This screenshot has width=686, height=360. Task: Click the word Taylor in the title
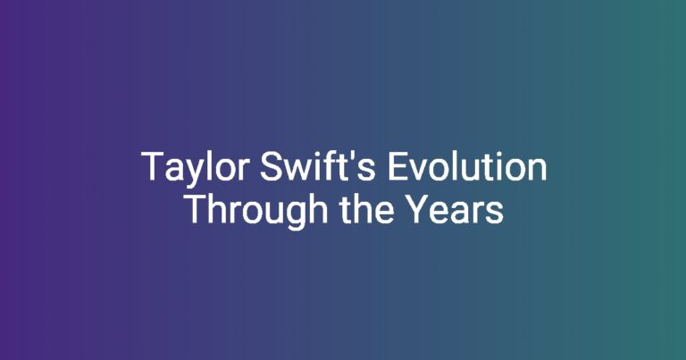point(196,169)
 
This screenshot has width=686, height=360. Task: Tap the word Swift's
point(318,166)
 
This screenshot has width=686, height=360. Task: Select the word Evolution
point(467,166)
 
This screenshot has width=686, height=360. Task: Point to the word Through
point(257,211)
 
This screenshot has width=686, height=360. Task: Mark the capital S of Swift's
point(271,166)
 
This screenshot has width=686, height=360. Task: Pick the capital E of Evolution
point(398,166)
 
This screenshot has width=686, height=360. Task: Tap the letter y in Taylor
point(192,173)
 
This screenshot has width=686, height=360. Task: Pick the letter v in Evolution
point(419,171)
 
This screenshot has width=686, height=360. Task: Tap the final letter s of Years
point(497,213)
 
